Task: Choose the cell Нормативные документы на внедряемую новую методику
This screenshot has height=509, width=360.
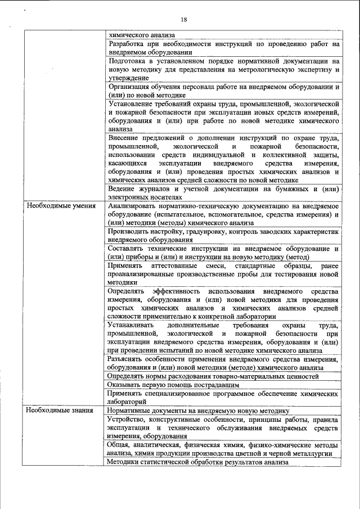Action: (x=198, y=411)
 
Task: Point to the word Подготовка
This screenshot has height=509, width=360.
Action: (x=128, y=61)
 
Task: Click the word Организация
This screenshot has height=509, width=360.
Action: (x=130, y=87)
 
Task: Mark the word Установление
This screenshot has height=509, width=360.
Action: (x=133, y=105)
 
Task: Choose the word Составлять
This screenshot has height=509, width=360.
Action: (x=128, y=249)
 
